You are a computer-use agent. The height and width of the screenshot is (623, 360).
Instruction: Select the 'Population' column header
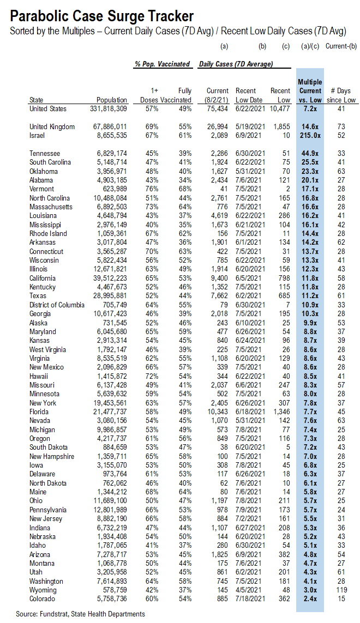pyautogui.click(x=112, y=100)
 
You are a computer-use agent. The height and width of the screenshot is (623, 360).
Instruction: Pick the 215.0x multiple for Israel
pyautogui.click(x=310, y=135)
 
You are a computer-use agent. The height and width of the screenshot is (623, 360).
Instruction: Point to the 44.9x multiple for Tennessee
pyautogui.click(x=310, y=154)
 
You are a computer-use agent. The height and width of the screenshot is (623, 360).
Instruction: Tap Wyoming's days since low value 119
pyautogui.click(x=341, y=590)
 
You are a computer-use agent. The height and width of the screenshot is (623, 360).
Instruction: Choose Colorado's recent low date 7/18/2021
pyautogui.click(x=250, y=599)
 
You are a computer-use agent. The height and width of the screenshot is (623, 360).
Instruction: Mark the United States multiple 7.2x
pyautogui.click(x=310, y=109)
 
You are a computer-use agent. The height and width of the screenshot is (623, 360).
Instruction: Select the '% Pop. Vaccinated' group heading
pyautogui.click(x=163, y=64)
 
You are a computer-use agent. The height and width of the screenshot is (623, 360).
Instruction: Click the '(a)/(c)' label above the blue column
pyautogui.click(x=310, y=47)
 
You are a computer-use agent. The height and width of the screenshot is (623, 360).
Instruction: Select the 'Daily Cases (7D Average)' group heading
pyautogui.click(x=236, y=64)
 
